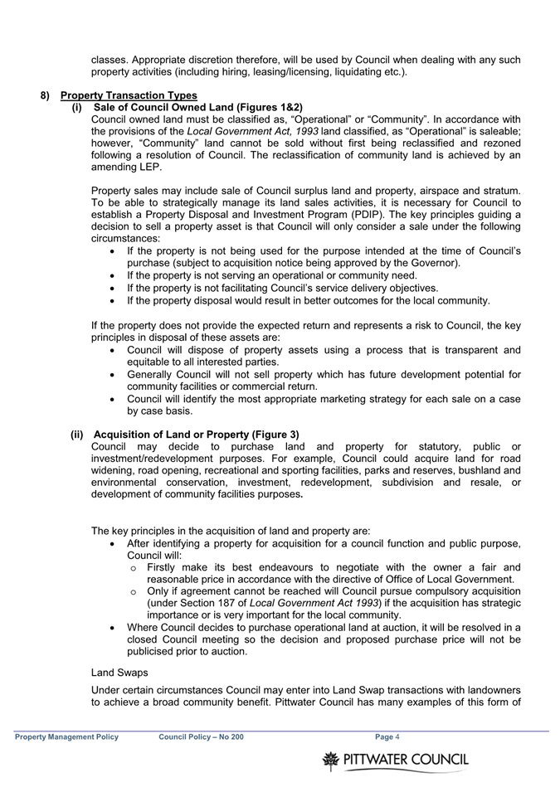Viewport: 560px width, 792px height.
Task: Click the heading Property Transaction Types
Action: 129,95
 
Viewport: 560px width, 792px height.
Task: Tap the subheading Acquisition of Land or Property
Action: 196,435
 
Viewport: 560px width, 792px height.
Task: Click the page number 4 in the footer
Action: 397,736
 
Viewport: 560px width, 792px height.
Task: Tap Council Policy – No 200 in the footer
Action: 201,736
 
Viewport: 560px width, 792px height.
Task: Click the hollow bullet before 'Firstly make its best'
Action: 134,567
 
